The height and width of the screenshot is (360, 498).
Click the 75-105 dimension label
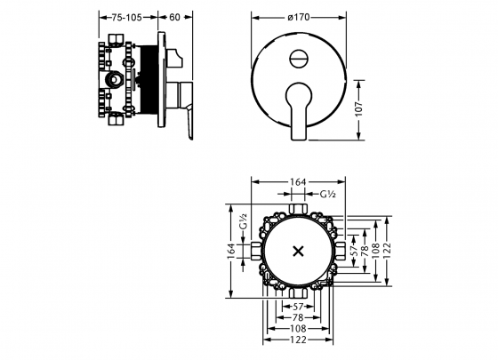(x=126, y=18)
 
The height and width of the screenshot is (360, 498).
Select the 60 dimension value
(x=174, y=18)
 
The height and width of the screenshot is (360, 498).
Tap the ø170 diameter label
(x=299, y=17)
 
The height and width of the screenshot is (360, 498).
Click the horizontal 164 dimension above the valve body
(x=298, y=182)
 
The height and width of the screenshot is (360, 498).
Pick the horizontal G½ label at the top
(x=327, y=194)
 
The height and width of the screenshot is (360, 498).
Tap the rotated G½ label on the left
(x=243, y=221)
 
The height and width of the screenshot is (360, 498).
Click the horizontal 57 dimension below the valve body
(x=298, y=307)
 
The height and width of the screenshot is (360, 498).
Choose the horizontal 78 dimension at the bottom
(x=298, y=317)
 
